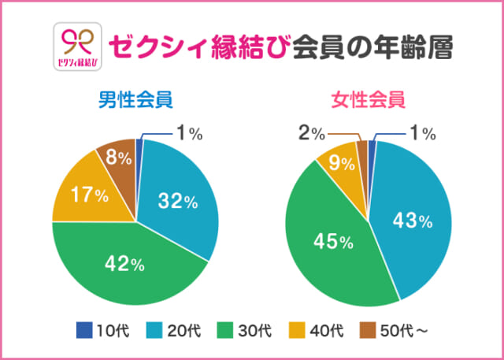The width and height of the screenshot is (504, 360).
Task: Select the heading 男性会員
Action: [135, 101]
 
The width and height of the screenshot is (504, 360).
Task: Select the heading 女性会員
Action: [368, 101]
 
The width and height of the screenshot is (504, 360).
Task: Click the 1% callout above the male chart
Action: [190, 134]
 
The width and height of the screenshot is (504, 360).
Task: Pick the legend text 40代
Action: [332, 328]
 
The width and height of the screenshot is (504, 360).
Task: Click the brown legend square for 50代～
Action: [368, 328]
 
